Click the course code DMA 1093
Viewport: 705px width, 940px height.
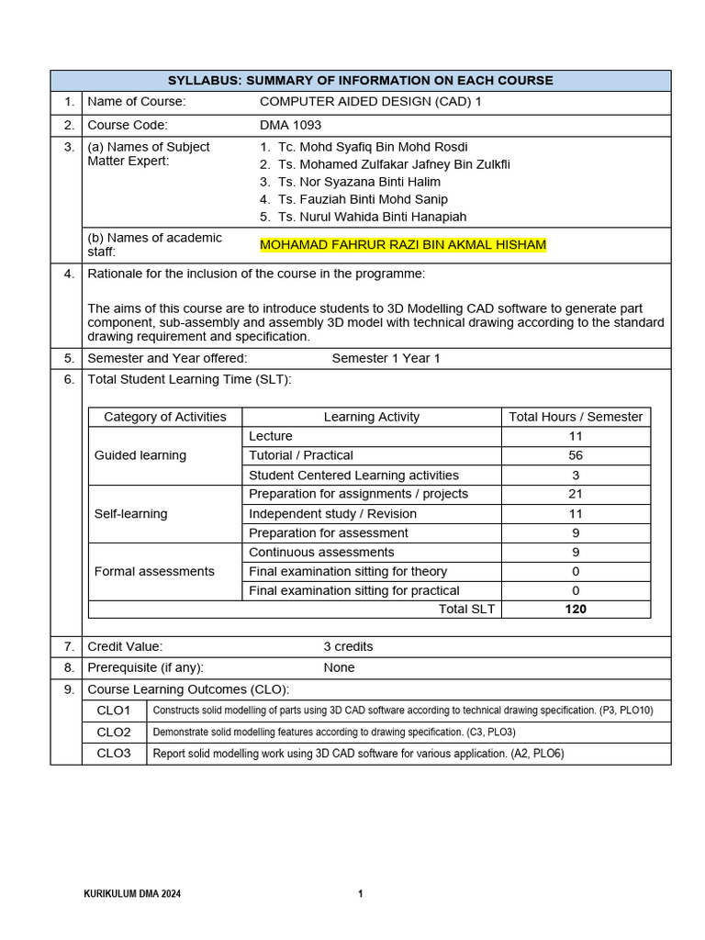[290, 125]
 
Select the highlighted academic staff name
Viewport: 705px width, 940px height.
[403, 244]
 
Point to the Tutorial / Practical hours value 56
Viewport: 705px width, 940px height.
[576, 455]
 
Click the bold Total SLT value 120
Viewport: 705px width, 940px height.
[576, 609]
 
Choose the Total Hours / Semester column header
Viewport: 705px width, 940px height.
[576, 417]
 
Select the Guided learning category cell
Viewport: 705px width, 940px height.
[140, 455]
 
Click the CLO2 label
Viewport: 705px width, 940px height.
[114, 732]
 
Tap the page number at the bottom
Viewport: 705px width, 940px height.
[361, 893]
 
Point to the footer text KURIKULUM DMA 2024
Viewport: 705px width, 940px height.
[132, 893]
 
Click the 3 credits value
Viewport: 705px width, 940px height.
[348, 646]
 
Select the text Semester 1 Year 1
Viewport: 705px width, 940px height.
[386, 358]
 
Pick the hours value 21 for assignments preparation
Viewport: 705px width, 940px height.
[576, 494]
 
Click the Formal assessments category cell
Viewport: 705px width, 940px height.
[154, 571]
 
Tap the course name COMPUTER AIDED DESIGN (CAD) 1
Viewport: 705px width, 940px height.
[370, 102]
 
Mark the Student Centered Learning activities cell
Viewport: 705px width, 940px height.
[353, 475]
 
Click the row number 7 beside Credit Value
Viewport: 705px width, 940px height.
[68, 646]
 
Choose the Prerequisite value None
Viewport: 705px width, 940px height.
[339, 667]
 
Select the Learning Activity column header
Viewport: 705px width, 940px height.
[371, 417]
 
